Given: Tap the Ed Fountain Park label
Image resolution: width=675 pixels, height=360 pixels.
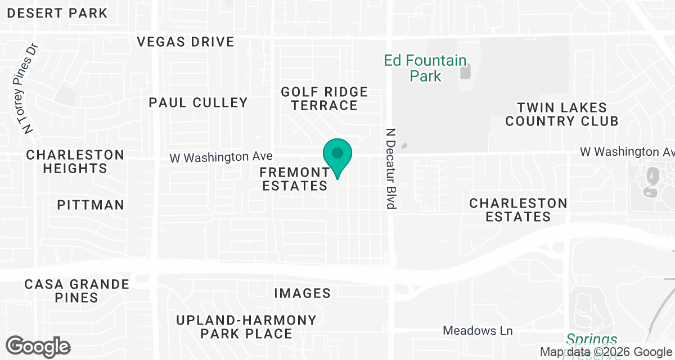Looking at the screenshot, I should [425, 68].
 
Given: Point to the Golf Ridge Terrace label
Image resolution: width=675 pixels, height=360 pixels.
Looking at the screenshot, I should [324, 98].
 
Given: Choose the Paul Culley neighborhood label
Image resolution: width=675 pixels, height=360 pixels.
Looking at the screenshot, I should [198, 102].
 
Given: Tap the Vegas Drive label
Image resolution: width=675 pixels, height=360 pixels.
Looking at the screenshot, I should [186, 42].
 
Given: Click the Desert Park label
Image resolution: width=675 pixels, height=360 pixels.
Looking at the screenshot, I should [58, 13].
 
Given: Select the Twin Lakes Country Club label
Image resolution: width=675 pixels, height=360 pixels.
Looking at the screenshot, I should [561, 114].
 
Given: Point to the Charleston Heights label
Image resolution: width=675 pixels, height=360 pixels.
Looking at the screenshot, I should [75, 161].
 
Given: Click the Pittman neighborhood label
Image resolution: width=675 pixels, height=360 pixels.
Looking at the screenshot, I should [91, 205].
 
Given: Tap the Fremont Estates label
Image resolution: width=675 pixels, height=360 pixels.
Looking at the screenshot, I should [295, 179].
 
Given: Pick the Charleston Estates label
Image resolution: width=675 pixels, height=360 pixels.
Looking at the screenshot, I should [518, 210].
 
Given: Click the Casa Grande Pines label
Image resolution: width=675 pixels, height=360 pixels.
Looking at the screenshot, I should [76, 291].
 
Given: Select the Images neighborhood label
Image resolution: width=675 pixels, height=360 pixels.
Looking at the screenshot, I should [302, 293].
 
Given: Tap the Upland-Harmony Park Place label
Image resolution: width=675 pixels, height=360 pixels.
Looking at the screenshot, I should [246, 327].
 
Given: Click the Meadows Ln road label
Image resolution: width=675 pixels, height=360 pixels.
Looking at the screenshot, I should [478, 331].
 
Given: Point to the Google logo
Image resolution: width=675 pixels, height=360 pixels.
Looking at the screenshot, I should [38, 346].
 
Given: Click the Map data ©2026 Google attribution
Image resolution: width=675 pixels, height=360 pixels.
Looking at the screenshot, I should [606, 352].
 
